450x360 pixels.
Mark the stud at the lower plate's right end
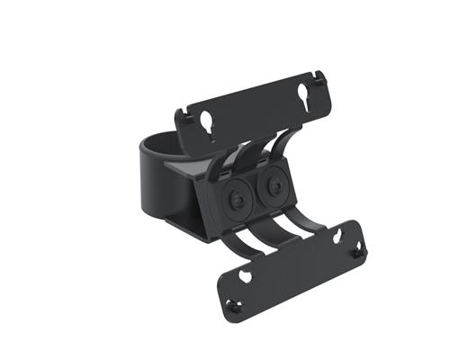[x=357, y=253]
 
